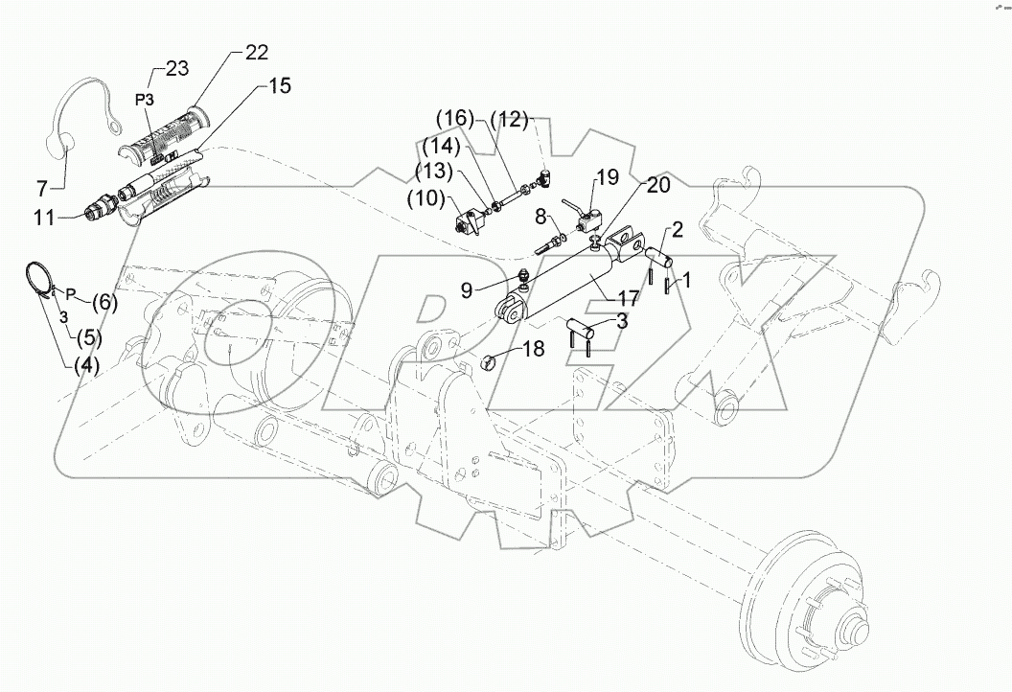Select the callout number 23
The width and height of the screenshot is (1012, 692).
[176, 68]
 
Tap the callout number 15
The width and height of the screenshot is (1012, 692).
[279, 86]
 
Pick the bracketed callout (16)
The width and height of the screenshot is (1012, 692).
[454, 118]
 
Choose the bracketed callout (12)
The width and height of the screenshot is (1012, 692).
[510, 119]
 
